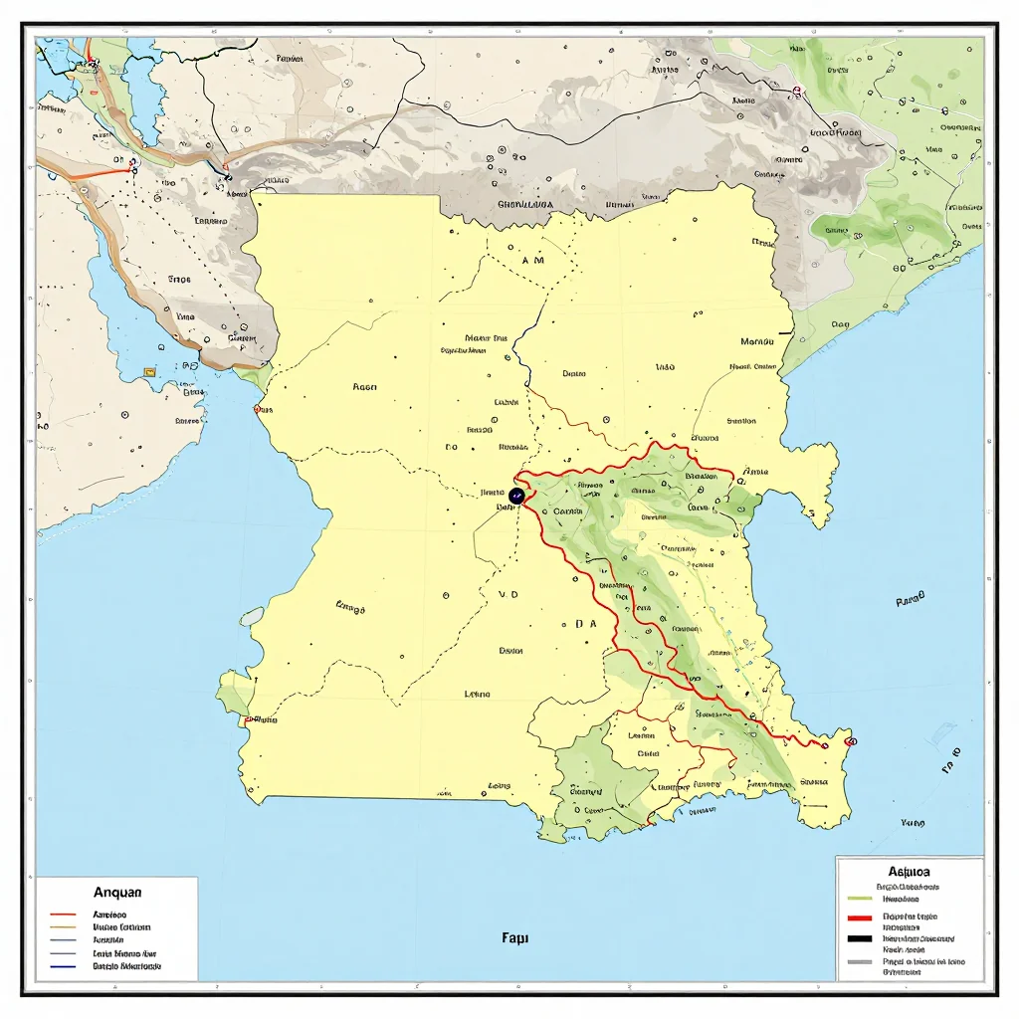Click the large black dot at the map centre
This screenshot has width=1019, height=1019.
tap(516, 495)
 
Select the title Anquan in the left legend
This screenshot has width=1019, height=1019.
tap(118, 893)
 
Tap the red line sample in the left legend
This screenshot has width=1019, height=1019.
tap(63, 914)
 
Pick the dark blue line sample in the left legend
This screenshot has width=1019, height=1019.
tap(63, 966)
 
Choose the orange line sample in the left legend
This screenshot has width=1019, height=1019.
tap(63, 926)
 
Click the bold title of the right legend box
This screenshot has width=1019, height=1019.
tap(901, 870)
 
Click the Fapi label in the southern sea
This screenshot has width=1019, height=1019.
tap(515, 937)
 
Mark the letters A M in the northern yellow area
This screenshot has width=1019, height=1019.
tap(533, 260)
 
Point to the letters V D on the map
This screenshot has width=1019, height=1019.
tap(509, 593)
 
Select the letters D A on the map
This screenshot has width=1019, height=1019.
tap(585, 625)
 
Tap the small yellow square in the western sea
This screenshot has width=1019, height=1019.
tap(150, 372)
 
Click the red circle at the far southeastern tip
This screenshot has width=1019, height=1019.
tap(852, 741)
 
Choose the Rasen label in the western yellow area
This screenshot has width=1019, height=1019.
tap(364, 387)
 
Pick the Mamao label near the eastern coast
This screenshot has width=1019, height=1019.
tap(758, 341)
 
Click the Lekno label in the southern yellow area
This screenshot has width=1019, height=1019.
tap(484, 695)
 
